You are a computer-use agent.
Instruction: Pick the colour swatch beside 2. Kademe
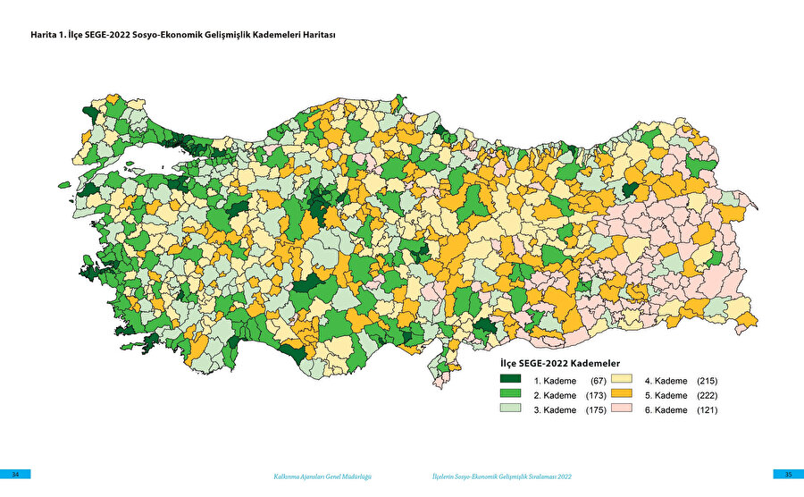tap(510, 395)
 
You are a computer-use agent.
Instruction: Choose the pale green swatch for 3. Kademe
tap(510, 409)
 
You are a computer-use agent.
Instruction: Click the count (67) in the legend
tap(599, 381)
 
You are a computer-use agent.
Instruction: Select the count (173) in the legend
tap(596, 395)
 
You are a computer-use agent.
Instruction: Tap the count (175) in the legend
tap(596, 409)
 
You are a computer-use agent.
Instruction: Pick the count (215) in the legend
tap(706, 381)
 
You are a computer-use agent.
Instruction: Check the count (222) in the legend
tap(706, 395)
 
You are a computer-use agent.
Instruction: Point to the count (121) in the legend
tap(706, 409)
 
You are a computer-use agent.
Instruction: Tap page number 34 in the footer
tap(15, 474)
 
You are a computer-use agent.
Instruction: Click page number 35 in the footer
tap(788, 474)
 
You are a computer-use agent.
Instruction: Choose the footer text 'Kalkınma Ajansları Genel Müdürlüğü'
tap(322, 476)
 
